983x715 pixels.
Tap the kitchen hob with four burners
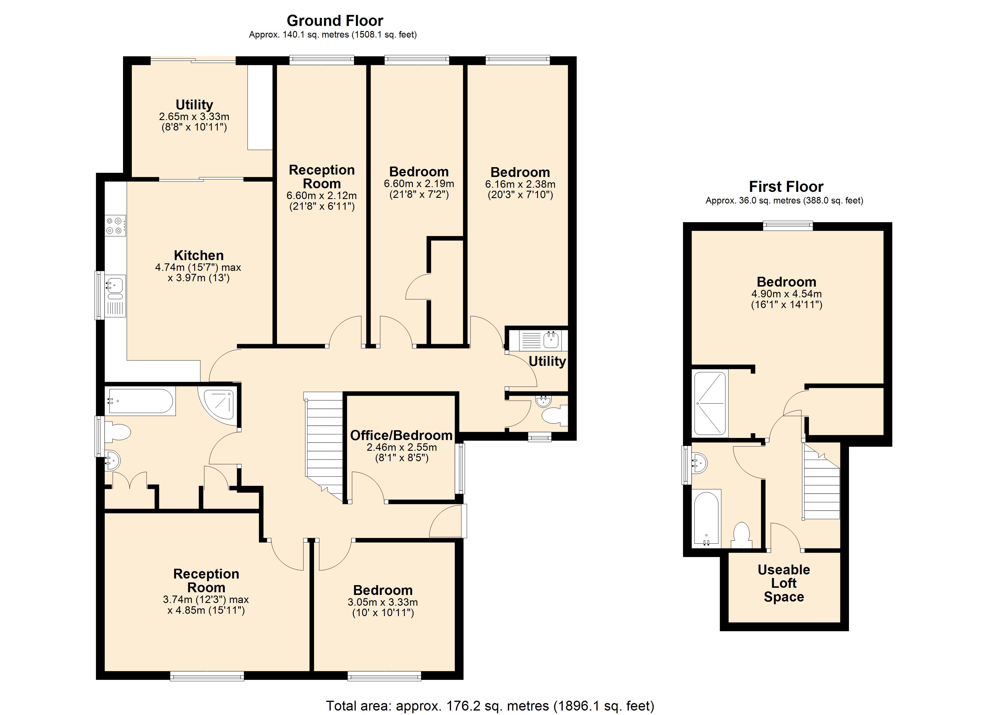click(x=115, y=226)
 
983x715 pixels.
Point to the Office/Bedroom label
click(x=401, y=435)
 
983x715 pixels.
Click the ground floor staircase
click(x=324, y=447)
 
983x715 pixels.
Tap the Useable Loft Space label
click(x=784, y=583)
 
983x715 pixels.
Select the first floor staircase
click(x=821, y=481)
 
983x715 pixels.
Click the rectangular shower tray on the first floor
click(x=710, y=404)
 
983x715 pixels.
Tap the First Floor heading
click(x=786, y=186)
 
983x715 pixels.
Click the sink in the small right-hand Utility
click(x=551, y=340)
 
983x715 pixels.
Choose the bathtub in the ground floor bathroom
click(x=140, y=401)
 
